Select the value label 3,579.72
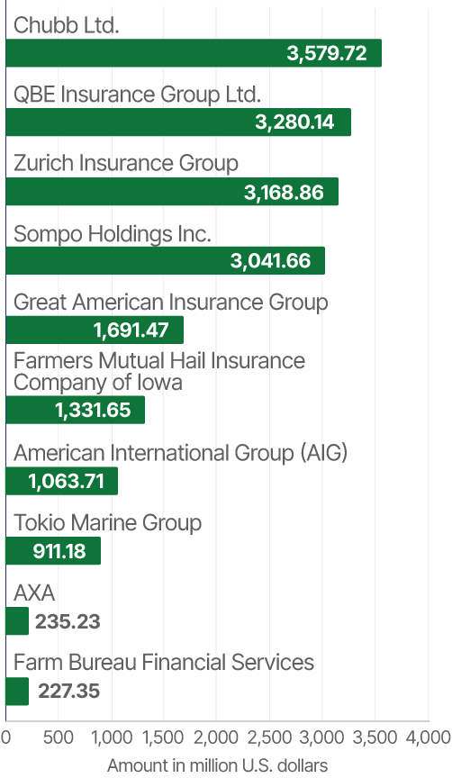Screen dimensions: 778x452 (x=327, y=53)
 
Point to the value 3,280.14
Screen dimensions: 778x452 (x=294, y=122)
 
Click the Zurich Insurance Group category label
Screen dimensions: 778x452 (x=127, y=164)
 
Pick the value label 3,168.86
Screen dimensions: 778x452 (x=284, y=192)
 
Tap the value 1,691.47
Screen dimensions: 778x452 (x=131, y=330)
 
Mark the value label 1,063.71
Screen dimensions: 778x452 (x=67, y=481)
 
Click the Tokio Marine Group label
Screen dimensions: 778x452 (x=108, y=523)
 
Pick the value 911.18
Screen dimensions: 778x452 (x=59, y=551)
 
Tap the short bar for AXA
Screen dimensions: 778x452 (x=16, y=621)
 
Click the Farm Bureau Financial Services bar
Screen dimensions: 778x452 (x=16, y=691)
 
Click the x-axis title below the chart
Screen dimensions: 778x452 (x=219, y=766)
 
